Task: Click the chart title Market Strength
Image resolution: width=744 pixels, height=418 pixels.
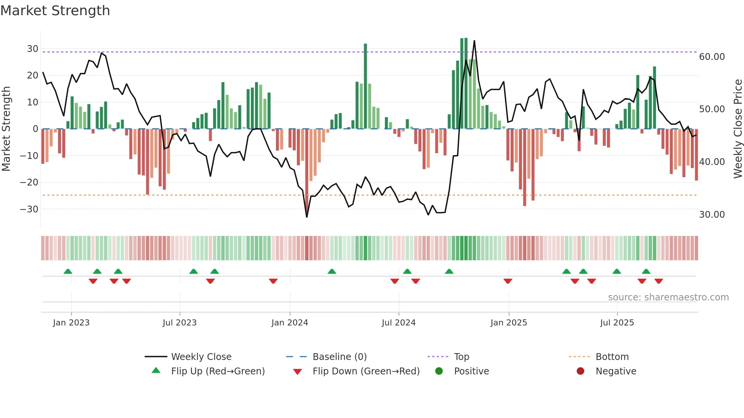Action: pyautogui.click(x=55, y=11)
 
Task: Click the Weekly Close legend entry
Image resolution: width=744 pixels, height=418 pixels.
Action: pyautogui.click(x=201, y=357)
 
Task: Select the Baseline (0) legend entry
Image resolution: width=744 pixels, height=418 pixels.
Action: pyautogui.click(x=339, y=357)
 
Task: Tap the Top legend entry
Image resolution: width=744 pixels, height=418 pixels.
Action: pyautogui.click(x=461, y=357)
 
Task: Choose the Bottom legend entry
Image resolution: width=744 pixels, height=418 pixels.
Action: pyautogui.click(x=612, y=357)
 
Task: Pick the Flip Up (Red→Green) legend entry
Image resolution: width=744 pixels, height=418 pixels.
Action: pyautogui.click(x=218, y=371)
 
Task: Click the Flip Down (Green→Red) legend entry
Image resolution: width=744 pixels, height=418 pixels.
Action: pyautogui.click(x=366, y=371)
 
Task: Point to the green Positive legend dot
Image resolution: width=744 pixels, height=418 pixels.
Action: pyautogui.click(x=439, y=371)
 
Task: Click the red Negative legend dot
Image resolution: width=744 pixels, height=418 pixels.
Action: pyautogui.click(x=580, y=371)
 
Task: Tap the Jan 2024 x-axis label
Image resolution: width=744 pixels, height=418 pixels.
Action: pyautogui.click(x=290, y=323)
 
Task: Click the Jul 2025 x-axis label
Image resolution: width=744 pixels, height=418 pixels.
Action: pyautogui.click(x=617, y=323)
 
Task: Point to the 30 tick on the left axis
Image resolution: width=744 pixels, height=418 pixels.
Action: pyautogui.click(x=33, y=49)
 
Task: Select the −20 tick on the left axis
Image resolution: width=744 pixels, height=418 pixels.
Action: pyautogui.click(x=29, y=182)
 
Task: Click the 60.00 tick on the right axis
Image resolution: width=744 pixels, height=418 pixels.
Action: pyautogui.click(x=712, y=57)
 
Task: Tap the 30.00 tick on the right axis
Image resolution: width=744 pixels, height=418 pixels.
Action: pyautogui.click(x=712, y=215)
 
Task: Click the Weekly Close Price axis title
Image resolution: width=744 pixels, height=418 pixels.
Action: pyautogui.click(x=738, y=129)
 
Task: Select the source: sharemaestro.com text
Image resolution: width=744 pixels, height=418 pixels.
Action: pyautogui.click(x=668, y=297)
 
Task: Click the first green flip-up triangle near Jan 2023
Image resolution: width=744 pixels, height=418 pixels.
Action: pyautogui.click(x=68, y=271)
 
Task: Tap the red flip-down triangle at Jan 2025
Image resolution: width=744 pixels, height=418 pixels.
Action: pyautogui.click(x=508, y=281)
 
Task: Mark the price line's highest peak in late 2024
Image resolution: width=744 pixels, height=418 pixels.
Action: pyautogui.click(x=474, y=41)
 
